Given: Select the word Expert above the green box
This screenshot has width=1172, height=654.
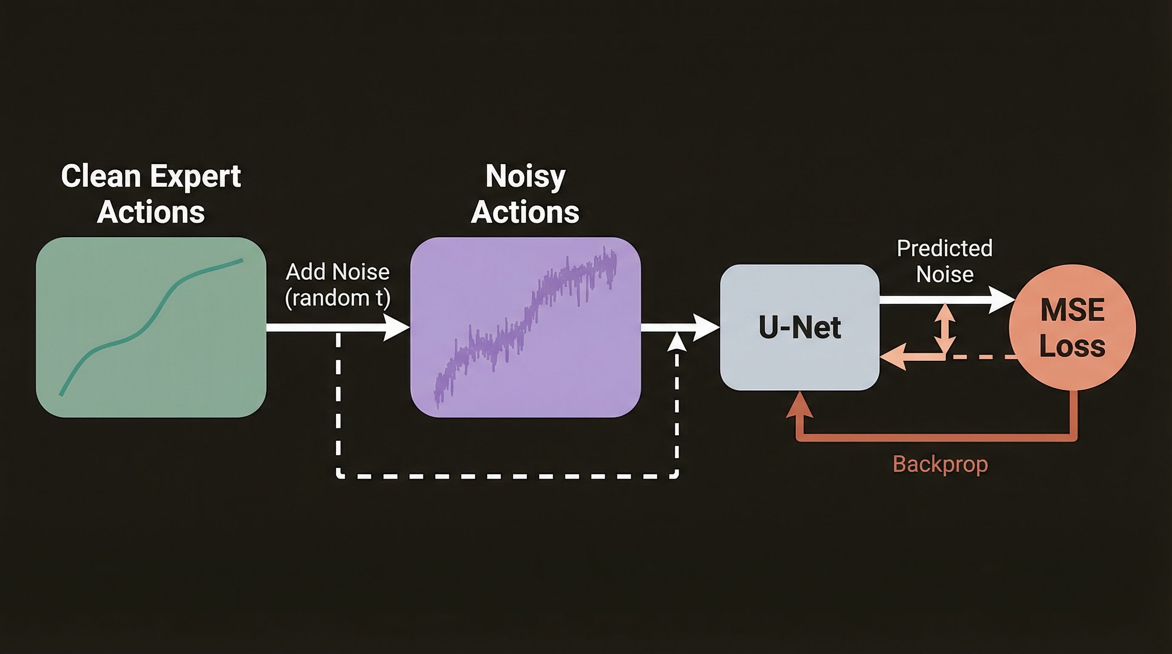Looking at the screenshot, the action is [x=195, y=178].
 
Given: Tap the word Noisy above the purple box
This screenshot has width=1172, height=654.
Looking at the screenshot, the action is [x=526, y=178].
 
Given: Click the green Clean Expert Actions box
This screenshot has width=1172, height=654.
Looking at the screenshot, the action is [x=151, y=327].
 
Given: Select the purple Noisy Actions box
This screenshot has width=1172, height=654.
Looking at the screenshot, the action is [x=526, y=327].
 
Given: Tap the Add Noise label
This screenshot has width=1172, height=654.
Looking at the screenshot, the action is [x=338, y=272].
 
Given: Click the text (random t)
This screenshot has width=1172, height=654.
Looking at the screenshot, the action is [x=338, y=298].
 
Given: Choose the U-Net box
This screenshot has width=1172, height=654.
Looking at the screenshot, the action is [x=799, y=327].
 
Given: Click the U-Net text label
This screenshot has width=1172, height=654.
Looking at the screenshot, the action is [x=799, y=327].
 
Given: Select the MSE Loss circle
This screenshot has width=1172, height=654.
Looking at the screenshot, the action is [x=1072, y=327].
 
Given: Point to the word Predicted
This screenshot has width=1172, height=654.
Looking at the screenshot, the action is [x=945, y=249].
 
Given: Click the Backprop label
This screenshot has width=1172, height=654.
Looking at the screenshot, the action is [x=940, y=465].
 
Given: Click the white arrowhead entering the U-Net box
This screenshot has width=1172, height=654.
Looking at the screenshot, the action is [x=706, y=327].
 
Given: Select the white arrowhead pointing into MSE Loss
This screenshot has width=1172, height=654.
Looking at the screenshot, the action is [x=1003, y=300].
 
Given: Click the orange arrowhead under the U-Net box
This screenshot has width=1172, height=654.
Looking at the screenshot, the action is [x=800, y=404].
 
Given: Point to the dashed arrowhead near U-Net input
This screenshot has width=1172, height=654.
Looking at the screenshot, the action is [x=677, y=341].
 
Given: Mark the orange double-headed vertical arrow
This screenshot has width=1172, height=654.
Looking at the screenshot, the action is [x=945, y=330].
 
